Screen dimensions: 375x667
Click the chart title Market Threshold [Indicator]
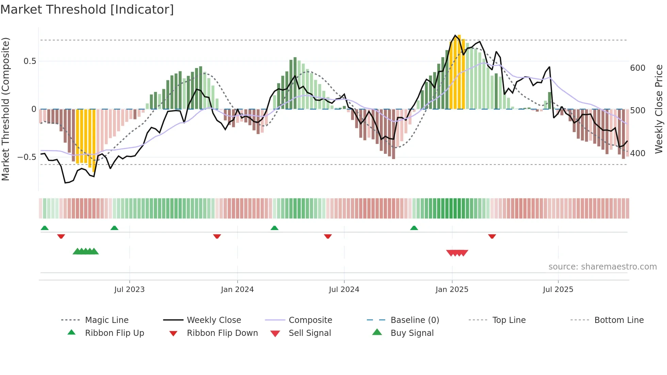pyautogui.click(x=87, y=10)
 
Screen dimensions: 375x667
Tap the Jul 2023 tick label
pyautogui.click(x=129, y=290)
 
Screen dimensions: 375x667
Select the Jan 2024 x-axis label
pyautogui.click(x=237, y=290)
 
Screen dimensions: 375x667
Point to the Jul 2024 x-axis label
pyautogui.click(x=344, y=290)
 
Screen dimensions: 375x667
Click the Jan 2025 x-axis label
pyautogui.click(x=452, y=290)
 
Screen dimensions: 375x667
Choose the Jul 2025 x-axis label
pyautogui.click(x=558, y=290)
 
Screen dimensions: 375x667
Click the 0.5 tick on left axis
pyautogui.click(x=30, y=61)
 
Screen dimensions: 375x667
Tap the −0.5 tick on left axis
pyautogui.click(x=27, y=157)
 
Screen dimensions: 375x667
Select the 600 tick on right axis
pyautogui.click(x=637, y=68)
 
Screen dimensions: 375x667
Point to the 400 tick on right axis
pyautogui.click(x=637, y=153)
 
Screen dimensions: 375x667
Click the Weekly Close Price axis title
pyautogui.click(x=659, y=109)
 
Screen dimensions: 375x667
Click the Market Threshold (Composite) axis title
pyautogui.click(x=5, y=109)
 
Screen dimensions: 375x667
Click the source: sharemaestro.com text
pyautogui.click(x=602, y=267)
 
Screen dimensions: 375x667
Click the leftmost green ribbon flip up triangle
pyautogui.click(x=45, y=228)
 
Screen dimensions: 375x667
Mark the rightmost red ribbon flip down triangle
pyautogui.click(x=492, y=236)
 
